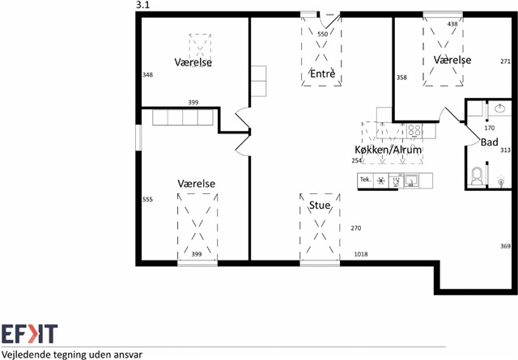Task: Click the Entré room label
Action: click(x=322, y=74)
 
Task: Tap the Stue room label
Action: click(x=320, y=205)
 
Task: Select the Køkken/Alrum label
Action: click(x=388, y=150)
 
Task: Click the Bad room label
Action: click(x=489, y=142)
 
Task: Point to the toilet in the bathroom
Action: click(x=477, y=176)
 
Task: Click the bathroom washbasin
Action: click(x=500, y=108)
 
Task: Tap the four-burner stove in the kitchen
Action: click(x=414, y=130)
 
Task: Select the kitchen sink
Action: click(x=411, y=181)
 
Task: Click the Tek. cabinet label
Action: click(x=365, y=180)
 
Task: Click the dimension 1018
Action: click(x=361, y=254)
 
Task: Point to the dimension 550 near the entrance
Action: click(x=322, y=34)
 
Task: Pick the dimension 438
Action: click(x=452, y=23)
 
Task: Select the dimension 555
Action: click(x=147, y=199)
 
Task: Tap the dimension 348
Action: click(x=147, y=74)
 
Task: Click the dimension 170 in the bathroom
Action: click(x=489, y=128)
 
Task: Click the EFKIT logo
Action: click(x=29, y=334)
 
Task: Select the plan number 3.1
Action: click(x=142, y=6)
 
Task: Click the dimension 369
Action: click(x=505, y=246)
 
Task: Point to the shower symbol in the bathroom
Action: click(x=501, y=181)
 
